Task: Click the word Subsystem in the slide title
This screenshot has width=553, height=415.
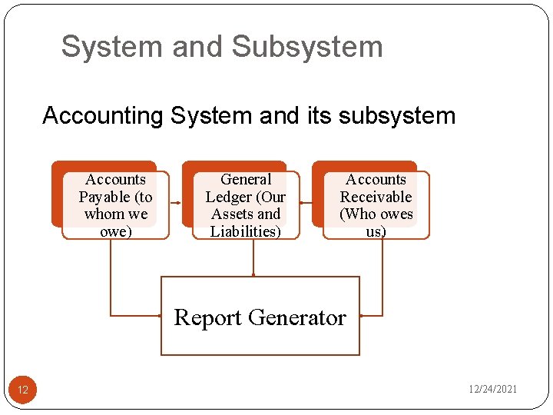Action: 306,47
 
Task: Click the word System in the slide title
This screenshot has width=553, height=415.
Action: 112,47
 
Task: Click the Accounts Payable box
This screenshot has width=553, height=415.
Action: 115,204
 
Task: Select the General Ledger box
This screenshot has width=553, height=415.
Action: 246,204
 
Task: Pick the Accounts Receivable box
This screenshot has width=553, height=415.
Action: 376,204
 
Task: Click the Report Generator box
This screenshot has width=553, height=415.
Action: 260,316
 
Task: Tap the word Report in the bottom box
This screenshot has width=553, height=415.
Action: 208,317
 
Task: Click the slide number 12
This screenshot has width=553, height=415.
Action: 23,390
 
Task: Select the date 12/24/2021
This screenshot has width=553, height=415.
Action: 493,390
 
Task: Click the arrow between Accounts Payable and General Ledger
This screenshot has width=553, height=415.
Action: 174,203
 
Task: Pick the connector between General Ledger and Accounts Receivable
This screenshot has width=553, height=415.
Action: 306,203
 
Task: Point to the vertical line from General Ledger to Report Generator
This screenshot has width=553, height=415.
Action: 253,257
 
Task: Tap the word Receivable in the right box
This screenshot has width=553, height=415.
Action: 376,197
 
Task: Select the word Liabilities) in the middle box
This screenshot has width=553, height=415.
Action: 246,231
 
